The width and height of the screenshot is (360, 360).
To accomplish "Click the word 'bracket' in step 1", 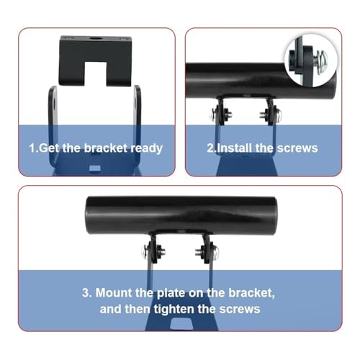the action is pyautogui.click(x=106, y=148).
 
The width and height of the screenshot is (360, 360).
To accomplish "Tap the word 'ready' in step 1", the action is pyautogui.click(x=146, y=149).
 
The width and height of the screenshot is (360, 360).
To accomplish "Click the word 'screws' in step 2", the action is pyautogui.click(x=297, y=148).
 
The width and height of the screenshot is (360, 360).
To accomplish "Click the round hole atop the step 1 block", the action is pyautogui.click(x=96, y=39).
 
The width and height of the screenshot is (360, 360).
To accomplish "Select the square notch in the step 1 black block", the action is pyautogui.click(x=95, y=73).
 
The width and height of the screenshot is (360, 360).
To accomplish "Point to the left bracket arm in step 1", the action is pyautogui.click(x=53, y=127).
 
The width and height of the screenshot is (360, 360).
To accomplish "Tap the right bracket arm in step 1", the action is pyautogui.click(x=137, y=127).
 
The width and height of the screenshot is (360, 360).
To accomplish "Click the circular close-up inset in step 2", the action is pyautogui.click(x=310, y=60).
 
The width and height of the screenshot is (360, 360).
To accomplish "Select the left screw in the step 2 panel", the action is pyautogui.click(x=221, y=114).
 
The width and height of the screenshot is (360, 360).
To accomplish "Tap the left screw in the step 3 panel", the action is pyautogui.click(x=153, y=251).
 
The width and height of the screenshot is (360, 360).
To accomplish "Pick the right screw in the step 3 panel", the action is pyautogui.click(x=207, y=251).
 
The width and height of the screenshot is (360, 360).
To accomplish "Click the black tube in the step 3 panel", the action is pyautogui.click(x=181, y=215).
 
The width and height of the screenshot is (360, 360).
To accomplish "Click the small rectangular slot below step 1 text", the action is pyautogui.click(x=94, y=168).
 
